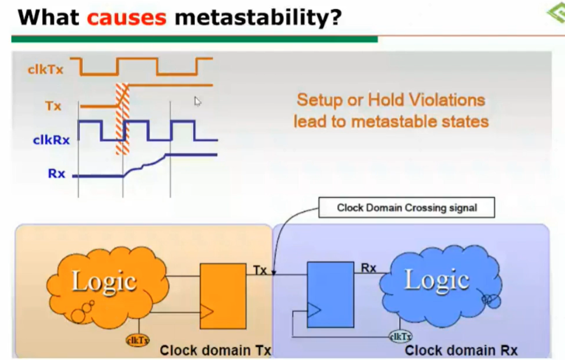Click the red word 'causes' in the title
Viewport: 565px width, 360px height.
click(127, 17)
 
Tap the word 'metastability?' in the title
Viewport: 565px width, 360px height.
click(258, 17)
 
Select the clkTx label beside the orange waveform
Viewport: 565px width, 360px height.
click(45, 69)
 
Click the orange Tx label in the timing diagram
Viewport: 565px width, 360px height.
click(53, 106)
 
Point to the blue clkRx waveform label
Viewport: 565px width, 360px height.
click(51, 139)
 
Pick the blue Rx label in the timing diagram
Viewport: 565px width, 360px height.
click(56, 174)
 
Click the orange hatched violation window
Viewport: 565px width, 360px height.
click(123, 119)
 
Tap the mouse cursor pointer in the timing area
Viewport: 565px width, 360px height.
click(197, 101)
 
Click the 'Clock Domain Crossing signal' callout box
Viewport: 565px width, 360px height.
click(407, 207)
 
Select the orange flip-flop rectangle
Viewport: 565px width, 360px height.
click(223, 296)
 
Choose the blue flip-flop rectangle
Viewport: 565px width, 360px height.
click(330, 294)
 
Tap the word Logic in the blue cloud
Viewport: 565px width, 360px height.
click(437, 280)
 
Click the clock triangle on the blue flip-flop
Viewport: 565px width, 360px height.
click(314, 310)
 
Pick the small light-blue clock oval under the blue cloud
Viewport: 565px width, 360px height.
click(401, 337)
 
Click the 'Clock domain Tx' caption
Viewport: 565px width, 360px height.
click(216, 350)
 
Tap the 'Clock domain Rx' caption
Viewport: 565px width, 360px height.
click(461, 350)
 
